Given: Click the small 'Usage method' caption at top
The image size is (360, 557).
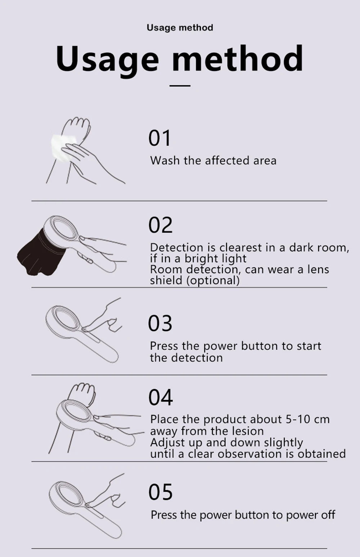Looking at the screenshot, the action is [180, 28].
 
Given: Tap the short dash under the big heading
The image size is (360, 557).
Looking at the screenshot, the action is [180, 86].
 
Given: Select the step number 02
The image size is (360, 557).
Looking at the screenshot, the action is [161, 225].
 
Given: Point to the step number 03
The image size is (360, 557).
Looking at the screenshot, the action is [160, 323].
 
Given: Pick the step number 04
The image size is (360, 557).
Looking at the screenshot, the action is [161, 397].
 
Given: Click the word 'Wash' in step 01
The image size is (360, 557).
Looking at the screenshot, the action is [165, 160].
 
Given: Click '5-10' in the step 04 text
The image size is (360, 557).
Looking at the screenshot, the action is [298, 419].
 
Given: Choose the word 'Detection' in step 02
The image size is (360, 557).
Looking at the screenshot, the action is [177, 248].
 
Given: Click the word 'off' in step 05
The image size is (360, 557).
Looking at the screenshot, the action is [328, 515].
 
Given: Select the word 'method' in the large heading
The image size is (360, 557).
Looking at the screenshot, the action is [238, 59].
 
